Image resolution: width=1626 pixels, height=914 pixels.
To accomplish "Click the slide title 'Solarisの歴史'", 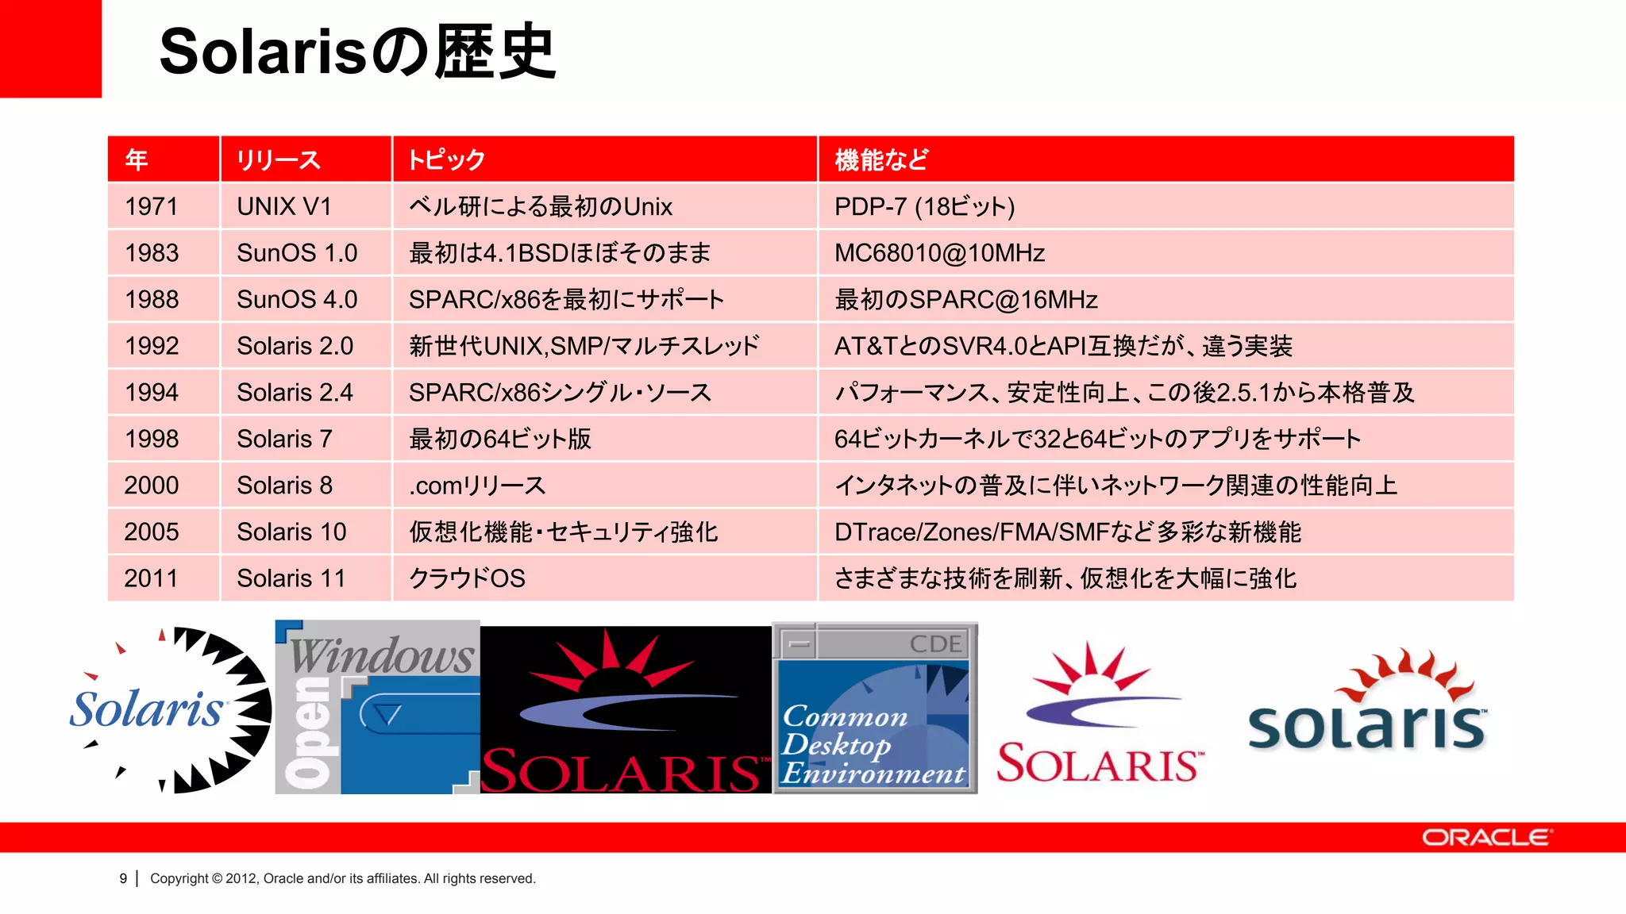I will [357, 52].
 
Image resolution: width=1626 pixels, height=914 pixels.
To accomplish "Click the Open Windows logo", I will [377, 707].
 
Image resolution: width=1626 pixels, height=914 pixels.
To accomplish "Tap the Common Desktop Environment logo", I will [875, 709].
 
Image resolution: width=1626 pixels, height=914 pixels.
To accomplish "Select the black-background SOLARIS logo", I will [626, 710].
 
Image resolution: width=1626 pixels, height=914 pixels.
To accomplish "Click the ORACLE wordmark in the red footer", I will [1485, 838].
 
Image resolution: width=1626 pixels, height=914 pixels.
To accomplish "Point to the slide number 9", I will [123, 878].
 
